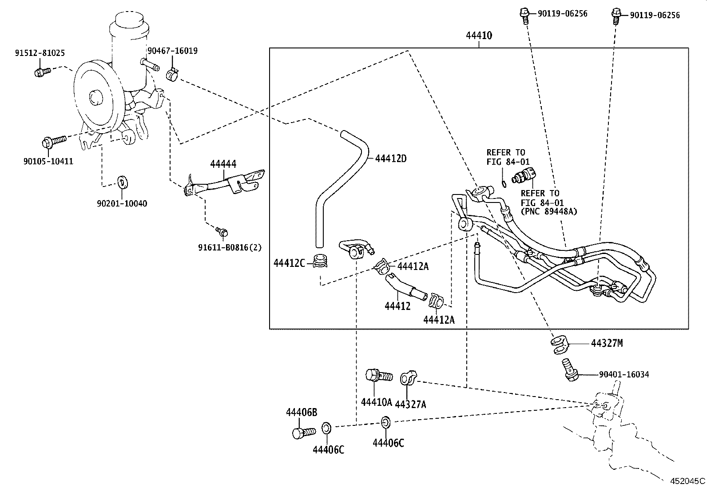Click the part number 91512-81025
(x=39, y=53)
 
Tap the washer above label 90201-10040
(x=121, y=182)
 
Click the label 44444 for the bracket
(x=223, y=164)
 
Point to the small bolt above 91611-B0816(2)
(x=222, y=231)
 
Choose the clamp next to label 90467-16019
(x=172, y=75)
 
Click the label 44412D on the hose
(x=391, y=158)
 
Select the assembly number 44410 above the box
(x=479, y=36)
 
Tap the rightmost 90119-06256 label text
(x=655, y=15)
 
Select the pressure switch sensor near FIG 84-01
(x=524, y=176)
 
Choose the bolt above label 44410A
(x=377, y=376)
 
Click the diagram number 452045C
(x=687, y=480)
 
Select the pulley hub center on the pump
(x=95, y=98)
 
